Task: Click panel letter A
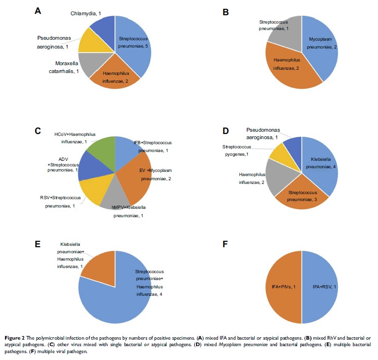coord(39,12)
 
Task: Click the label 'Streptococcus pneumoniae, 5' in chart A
coord(134,43)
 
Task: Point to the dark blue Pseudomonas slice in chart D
coord(293,145)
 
